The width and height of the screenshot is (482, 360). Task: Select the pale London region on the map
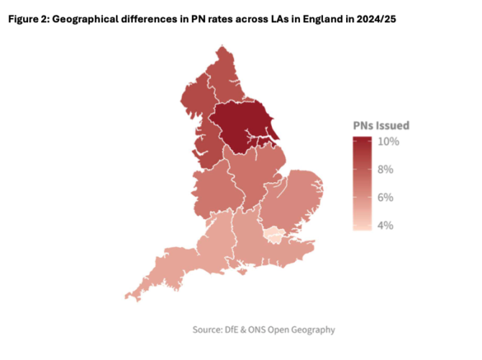pyautogui.click(x=273, y=234)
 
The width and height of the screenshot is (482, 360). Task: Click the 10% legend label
pyautogui.click(x=389, y=141)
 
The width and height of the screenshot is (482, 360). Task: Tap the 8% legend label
pyautogui.click(x=386, y=169)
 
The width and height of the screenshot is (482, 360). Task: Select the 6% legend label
pyautogui.click(x=386, y=197)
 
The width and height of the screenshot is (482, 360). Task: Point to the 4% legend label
pyautogui.click(x=386, y=225)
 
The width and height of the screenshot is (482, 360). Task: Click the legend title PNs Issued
pyautogui.click(x=381, y=125)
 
